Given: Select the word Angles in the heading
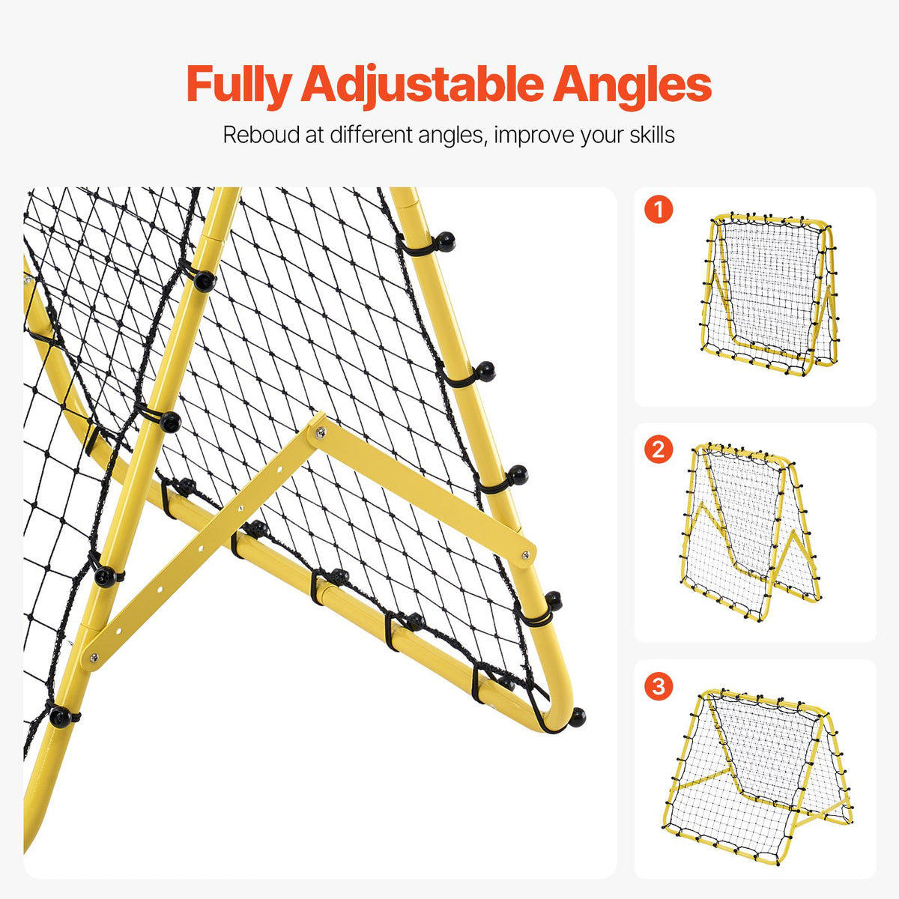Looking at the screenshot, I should coord(632,85).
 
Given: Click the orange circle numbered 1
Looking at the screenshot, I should coord(659,211).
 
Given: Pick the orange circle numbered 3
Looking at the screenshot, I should coord(659,685).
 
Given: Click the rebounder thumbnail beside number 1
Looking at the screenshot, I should coord(769,295).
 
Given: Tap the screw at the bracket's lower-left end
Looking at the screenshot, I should coord(94,657).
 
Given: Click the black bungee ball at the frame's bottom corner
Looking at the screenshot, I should coord(576,717).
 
